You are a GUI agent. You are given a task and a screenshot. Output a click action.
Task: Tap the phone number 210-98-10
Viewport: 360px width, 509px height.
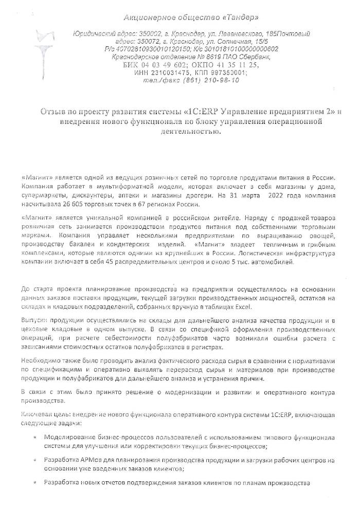coord(219,80)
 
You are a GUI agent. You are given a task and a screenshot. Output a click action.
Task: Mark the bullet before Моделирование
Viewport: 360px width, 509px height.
coord(35,438)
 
